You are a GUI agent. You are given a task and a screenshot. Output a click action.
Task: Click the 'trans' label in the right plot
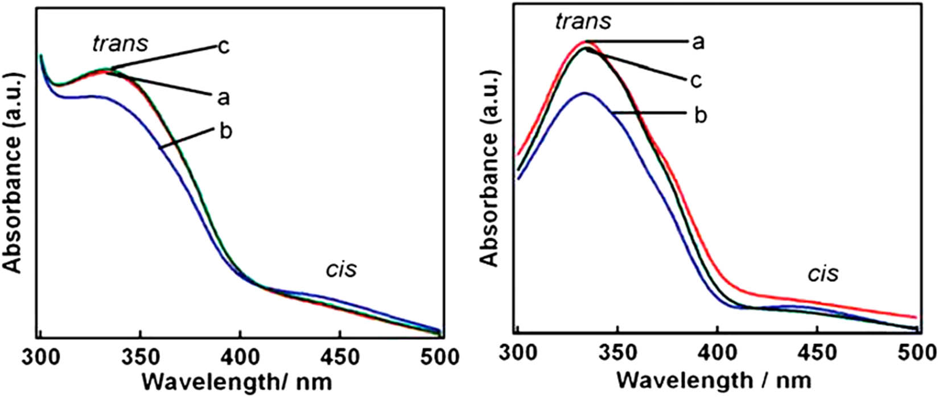(x=582, y=22)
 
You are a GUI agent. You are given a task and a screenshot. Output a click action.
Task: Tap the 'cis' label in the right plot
(x=823, y=274)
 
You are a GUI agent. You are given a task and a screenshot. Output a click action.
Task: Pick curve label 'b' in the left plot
(x=225, y=132)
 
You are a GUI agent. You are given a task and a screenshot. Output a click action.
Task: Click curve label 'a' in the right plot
(x=698, y=42)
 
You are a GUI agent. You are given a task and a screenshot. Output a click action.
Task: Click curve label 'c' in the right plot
(x=695, y=80)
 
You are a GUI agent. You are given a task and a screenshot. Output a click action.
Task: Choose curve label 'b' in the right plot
(x=701, y=115)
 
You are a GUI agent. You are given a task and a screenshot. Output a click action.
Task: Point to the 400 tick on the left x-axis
(x=240, y=357)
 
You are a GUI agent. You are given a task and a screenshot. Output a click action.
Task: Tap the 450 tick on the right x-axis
(x=817, y=351)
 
